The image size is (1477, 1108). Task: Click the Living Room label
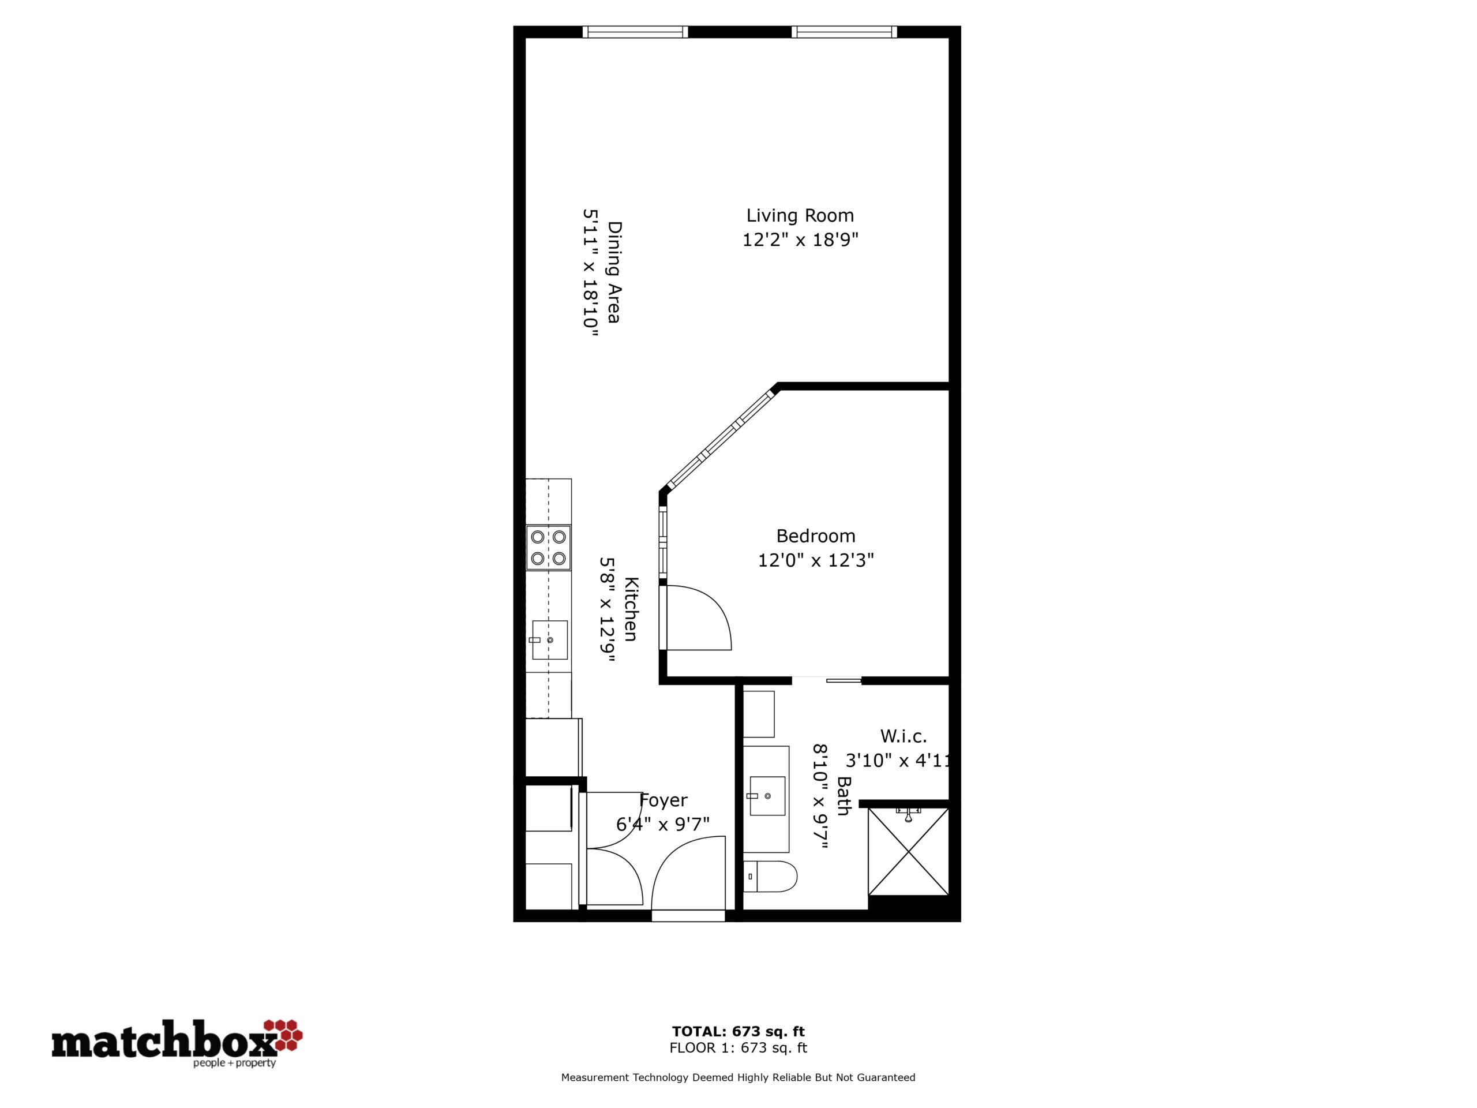point(800,216)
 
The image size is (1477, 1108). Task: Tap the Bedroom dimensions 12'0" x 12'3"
point(816,560)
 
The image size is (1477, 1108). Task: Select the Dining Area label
point(614,272)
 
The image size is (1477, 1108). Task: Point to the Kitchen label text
point(631,608)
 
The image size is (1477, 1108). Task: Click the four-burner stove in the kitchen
point(548,548)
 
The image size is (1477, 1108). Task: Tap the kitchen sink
point(549,640)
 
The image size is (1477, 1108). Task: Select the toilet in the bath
point(771,876)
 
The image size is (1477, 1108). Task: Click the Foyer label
point(663,800)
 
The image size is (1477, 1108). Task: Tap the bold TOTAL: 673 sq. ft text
point(738,1032)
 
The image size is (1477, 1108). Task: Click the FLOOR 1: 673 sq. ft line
point(738,1048)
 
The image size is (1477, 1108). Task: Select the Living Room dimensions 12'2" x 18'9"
point(800,239)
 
